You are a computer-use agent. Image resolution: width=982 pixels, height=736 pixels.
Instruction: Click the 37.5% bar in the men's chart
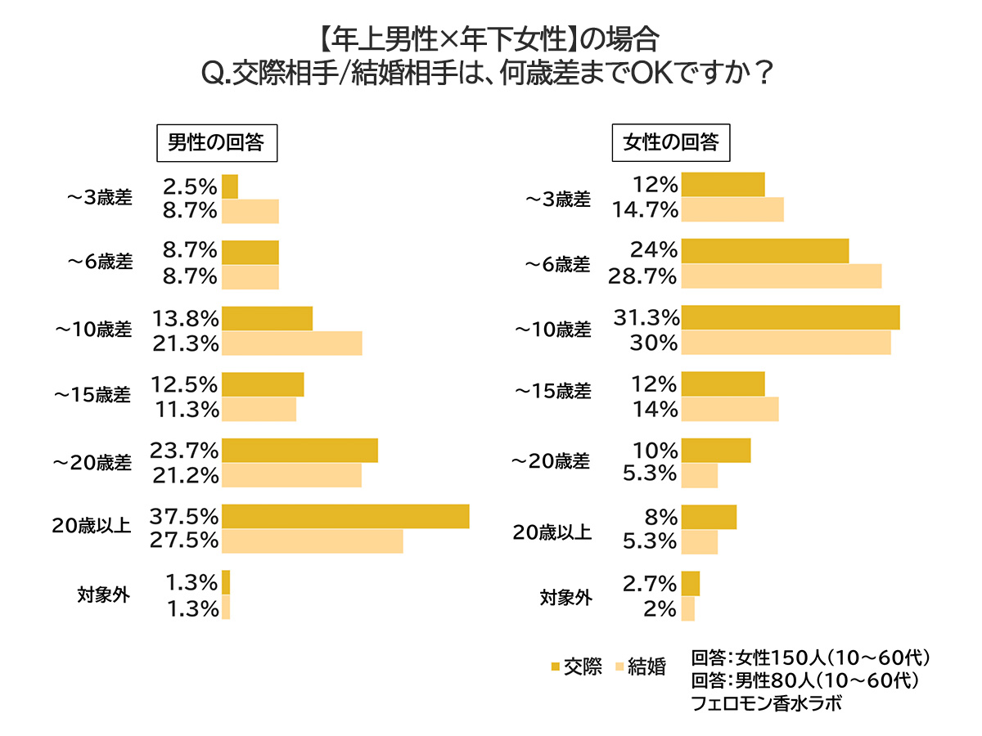click(345, 517)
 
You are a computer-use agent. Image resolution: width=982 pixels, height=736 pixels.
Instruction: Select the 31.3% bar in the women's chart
click(791, 317)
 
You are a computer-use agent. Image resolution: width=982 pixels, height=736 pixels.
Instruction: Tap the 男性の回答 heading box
click(216, 143)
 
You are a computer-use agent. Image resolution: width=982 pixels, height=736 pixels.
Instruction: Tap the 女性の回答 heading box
click(671, 143)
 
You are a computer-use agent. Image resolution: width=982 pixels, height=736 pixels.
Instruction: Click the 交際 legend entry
click(578, 666)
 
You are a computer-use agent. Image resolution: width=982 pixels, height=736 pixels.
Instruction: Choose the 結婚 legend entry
click(639, 666)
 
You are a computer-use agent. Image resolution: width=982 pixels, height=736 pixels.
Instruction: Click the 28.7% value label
click(642, 276)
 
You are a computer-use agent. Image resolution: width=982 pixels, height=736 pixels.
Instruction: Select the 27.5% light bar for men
click(312, 541)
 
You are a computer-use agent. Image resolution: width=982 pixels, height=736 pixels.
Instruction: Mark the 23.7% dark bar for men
click(300, 451)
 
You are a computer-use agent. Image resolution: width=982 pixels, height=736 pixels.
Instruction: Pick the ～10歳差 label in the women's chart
click(552, 330)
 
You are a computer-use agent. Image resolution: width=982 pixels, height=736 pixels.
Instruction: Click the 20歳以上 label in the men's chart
click(92, 528)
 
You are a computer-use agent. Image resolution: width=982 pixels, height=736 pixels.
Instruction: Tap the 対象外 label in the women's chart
click(565, 597)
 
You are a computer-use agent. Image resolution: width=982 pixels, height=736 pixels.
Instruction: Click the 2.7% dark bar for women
click(691, 583)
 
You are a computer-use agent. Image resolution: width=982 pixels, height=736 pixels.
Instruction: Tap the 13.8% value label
click(185, 318)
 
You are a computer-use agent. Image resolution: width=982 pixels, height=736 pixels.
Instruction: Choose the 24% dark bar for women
click(765, 252)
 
